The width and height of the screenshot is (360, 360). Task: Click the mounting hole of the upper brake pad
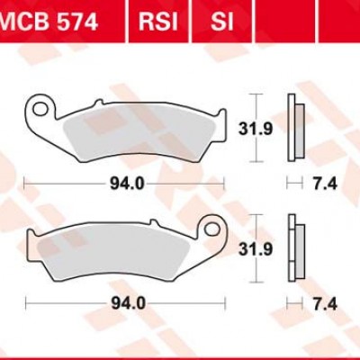click(38, 112)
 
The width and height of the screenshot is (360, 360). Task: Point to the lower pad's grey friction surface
click(117, 251)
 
